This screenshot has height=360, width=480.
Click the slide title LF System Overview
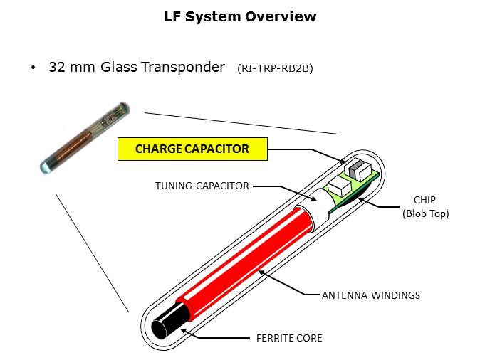point(240,16)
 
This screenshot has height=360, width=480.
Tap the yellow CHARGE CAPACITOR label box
point(192,149)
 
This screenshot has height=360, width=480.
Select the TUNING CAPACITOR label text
point(202,186)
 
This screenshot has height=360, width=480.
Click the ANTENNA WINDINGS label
point(371,295)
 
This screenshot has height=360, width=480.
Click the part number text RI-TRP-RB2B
point(276,69)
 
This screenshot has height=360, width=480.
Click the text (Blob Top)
point(426,213)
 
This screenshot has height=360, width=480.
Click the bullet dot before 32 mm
point(33,68)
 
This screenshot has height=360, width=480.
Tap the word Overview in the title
point(281,16)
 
